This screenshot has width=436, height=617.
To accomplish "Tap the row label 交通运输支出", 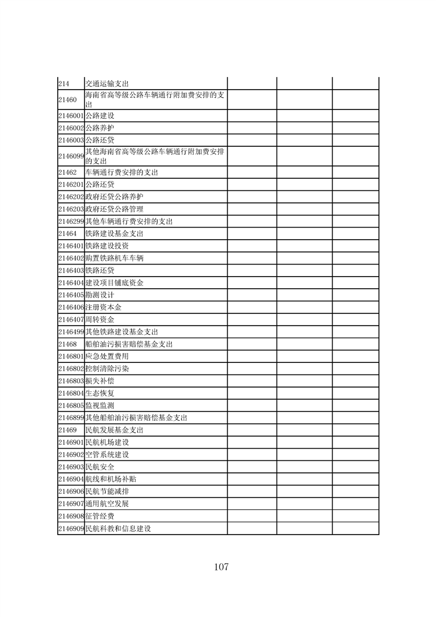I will coord(107,83).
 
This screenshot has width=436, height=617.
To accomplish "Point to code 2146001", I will coord(70,116).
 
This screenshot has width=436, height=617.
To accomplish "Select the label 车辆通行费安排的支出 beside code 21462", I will coord(122,173).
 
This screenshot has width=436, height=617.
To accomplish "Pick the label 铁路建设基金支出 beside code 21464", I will coord(114,234).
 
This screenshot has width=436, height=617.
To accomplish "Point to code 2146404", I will coord(70,283).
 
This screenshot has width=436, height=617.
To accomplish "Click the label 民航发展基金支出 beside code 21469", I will coord(114,430).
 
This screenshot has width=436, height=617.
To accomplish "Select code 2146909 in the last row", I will coord(70,528).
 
